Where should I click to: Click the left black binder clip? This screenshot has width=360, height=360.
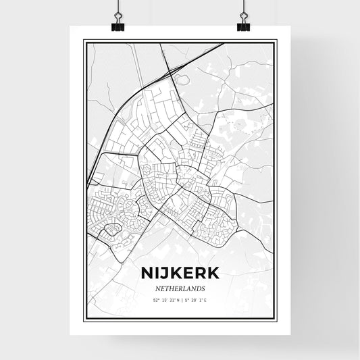(x=118, y=25)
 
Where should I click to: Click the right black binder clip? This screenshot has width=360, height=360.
(x=243, y=25)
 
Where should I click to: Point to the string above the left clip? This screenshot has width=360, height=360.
(x=118, y=8)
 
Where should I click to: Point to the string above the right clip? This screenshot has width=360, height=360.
(x=243, y=8)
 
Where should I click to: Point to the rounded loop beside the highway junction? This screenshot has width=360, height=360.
(x=180, y=79)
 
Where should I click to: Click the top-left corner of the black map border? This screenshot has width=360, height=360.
(x=84, y=41)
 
